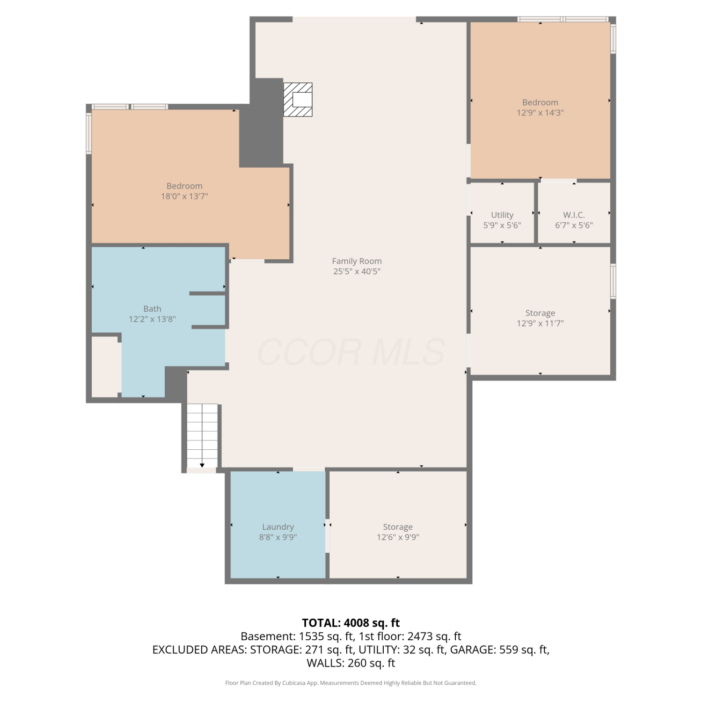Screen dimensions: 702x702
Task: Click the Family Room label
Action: tap(357, 261)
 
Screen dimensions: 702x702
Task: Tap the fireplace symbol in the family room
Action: tap(298, 100)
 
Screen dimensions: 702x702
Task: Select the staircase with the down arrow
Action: tap(202, 436)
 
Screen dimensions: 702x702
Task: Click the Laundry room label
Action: tap(278, 527)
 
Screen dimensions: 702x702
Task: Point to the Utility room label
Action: tap(502, 215)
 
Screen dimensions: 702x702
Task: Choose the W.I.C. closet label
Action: tap(574, 215)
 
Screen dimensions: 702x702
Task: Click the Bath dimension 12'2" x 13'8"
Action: tap(152, 319)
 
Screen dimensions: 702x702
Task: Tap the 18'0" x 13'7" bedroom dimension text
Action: tap(184, 196)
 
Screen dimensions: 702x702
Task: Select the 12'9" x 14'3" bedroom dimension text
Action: tap(540, 113)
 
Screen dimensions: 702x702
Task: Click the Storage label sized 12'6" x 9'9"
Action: tap(398, 527)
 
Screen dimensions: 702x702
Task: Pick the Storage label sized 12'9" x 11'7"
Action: tap(540, 313)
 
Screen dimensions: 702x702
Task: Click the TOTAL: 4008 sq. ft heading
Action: tap(351, 623)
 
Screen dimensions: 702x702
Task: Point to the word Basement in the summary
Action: tap(268, 636)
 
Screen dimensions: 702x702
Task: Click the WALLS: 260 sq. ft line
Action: tap(351, 663)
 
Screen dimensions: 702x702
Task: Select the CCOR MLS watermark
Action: tap(351, 352)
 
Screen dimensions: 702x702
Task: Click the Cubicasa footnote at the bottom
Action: tap(351, 683)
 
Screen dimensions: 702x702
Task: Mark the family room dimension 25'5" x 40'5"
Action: tap(357, 271)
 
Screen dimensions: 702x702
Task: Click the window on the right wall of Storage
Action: tap(613, 281)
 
